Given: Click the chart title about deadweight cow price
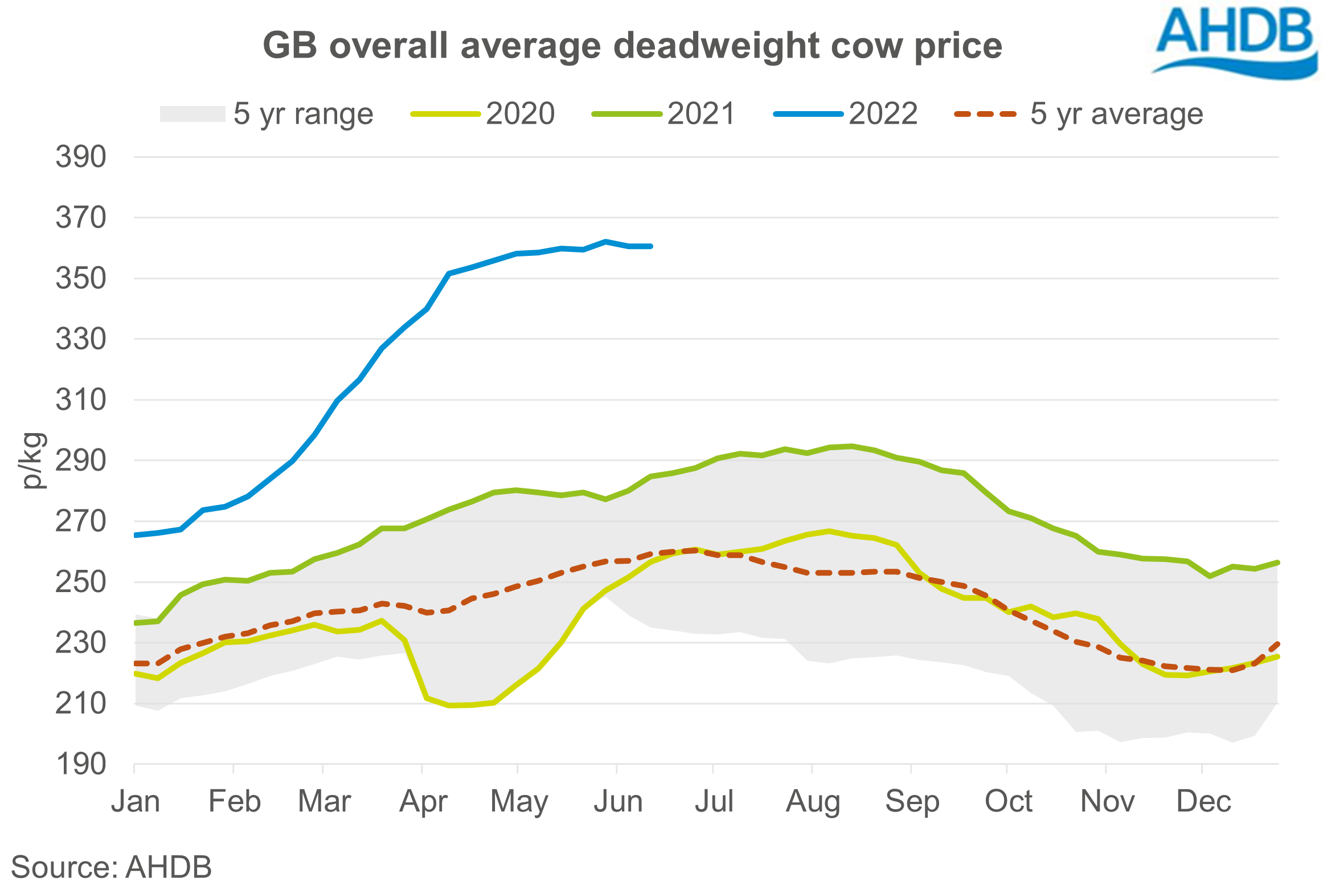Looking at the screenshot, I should click(x=632, y=46).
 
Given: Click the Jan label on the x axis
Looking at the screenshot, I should click(x=136, y=802).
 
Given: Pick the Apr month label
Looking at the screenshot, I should click(x=423, y=802).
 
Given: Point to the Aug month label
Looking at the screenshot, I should click(x=813, y=802).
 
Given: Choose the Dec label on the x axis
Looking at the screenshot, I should click(x=1203, y=802).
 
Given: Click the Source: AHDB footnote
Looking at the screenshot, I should click(x=112, y=867).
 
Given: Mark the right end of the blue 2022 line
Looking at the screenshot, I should click(x=651, y=246).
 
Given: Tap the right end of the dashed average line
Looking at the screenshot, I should click(x=1278, y=644).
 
